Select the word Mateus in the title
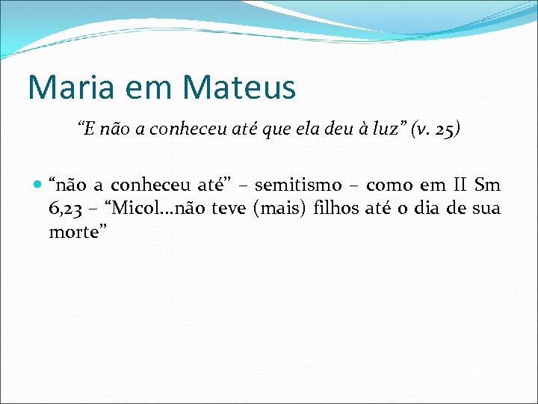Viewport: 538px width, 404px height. [239, 87]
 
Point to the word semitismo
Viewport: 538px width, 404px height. [298, 185]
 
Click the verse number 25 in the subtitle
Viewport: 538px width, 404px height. [442, 129]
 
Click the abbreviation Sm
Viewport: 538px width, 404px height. [487, 185]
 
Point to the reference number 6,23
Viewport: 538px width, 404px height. [64, 209]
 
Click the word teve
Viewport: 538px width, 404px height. [229, 209]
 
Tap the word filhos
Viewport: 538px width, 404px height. [336, 209]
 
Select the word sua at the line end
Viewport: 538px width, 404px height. [486, 209]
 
